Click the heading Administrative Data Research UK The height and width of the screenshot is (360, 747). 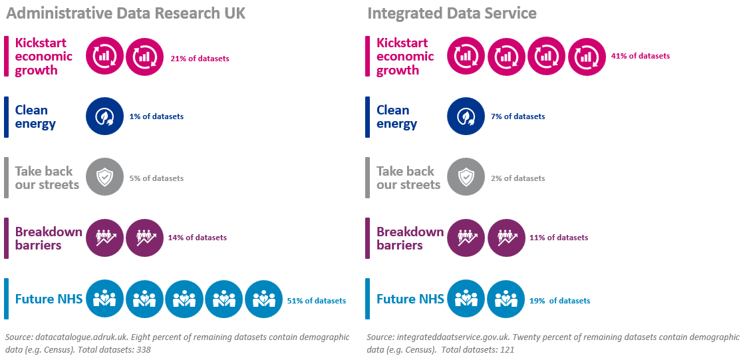[126, 13]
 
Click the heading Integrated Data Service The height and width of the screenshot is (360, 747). [452, 13]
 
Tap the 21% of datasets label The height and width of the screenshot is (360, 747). [200, 59]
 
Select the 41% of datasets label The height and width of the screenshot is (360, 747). [640, 56]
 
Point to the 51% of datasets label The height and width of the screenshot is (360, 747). [316, 301]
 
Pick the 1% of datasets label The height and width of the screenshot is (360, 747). [156, 116]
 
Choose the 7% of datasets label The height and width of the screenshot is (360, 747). [518, 116]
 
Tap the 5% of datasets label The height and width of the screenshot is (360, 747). [156, 178]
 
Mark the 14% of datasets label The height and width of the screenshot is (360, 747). [198, 238]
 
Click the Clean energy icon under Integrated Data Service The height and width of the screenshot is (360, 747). [466, 116]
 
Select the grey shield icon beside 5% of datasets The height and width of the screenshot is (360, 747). [105, 178]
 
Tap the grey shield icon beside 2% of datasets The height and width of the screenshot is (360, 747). [466, 178]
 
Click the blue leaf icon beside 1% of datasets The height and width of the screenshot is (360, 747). [105, 116]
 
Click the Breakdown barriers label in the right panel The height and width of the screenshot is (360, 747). [410, 238]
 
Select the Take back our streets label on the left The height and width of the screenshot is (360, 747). [47, 178]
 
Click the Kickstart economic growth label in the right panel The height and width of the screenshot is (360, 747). [405, 57]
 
